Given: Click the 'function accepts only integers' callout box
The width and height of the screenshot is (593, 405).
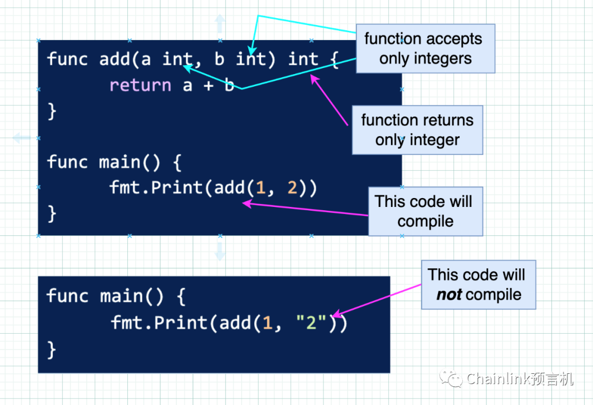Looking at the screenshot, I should (426, 48).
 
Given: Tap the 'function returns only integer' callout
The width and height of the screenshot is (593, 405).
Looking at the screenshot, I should (417, 130).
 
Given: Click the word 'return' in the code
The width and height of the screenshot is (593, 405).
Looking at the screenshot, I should (140, 85).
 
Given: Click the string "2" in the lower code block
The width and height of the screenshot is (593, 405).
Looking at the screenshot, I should (311, 323).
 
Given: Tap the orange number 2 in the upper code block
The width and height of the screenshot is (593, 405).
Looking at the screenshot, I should (292, 188).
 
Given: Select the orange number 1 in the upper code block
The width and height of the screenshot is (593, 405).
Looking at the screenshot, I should (261, 188).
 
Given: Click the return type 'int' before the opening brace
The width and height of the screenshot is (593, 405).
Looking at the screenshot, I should (303, 59).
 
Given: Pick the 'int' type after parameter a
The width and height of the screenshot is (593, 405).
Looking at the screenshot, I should (177, 59).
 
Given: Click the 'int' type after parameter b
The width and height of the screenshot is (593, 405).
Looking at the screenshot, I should (250, 59).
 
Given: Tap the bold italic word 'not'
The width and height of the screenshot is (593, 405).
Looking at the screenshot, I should (449, 295).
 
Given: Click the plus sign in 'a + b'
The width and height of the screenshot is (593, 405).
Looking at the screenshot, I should (209, 86).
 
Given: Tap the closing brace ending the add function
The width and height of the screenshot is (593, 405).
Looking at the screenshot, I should (52, 111).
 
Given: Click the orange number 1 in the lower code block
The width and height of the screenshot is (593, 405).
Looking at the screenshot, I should (267, 323).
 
